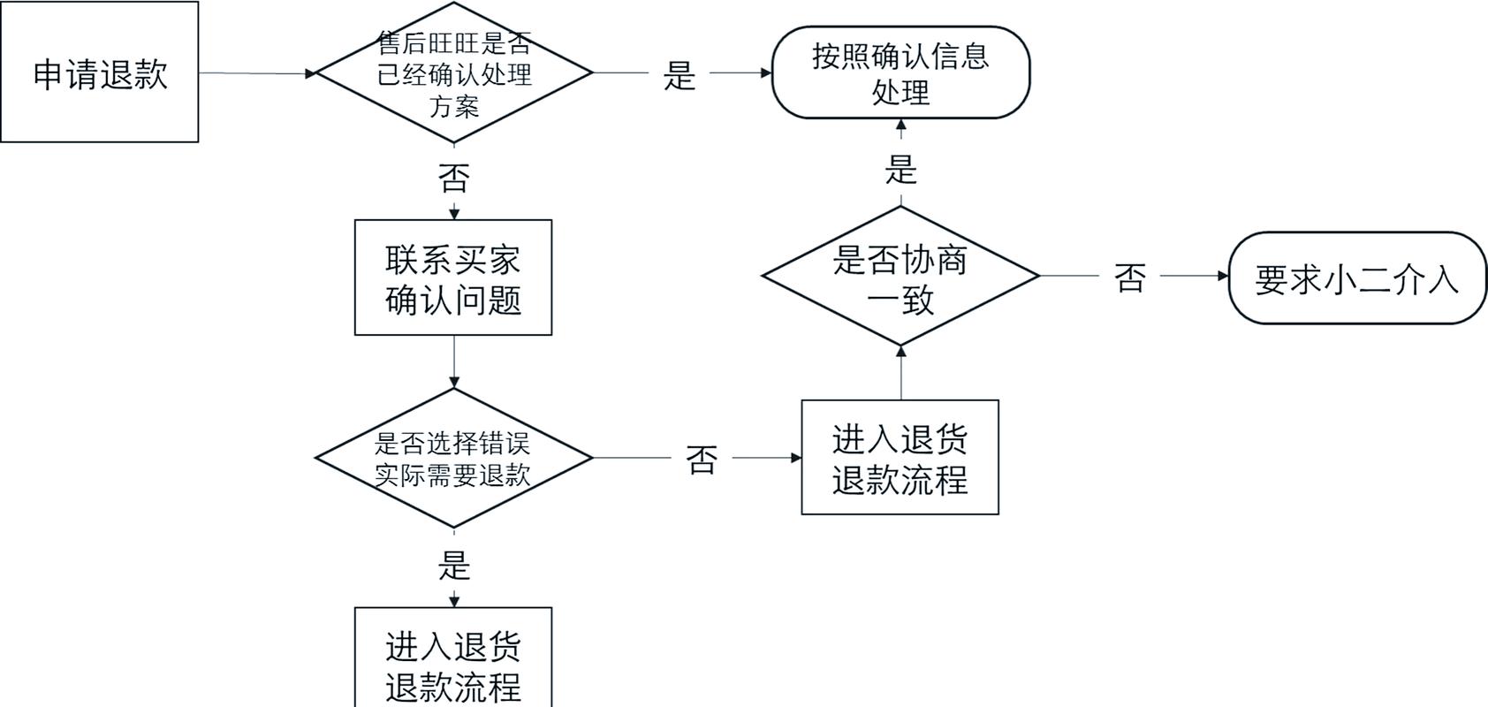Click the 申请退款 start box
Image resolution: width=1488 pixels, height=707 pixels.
tap(99, 72)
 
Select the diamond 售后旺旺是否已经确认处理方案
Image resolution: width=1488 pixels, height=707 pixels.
tap(453, 73)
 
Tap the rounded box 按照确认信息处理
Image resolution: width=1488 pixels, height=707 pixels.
tap(900, 72)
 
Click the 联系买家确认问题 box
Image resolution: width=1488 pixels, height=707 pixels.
tap(453, 277)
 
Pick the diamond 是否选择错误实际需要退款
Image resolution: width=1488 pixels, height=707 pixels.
tap(453, 458)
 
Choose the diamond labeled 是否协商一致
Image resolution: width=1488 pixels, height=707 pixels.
tap(900, 277)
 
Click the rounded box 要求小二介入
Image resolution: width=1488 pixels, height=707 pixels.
tap(1356, 278)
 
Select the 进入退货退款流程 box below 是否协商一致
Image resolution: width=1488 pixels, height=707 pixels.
tap(900, 458)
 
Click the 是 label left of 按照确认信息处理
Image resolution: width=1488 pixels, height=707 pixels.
tap(679, 75)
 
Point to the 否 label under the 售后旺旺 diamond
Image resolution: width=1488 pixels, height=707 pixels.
tap(453, 179)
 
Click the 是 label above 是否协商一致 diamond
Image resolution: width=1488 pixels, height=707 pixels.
tap(900, 169)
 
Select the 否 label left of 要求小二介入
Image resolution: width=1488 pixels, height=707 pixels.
tap(1130, 277)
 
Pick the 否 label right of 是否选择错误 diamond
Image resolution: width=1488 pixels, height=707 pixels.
tap(702, 460)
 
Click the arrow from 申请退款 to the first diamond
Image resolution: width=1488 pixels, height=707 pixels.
tap(256, 73)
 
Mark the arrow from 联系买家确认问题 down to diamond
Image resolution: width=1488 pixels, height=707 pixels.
tap(453, 362)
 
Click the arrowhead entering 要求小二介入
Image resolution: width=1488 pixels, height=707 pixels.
tap(1223, 276)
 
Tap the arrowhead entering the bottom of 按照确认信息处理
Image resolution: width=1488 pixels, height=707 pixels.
tap(900, 125)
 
